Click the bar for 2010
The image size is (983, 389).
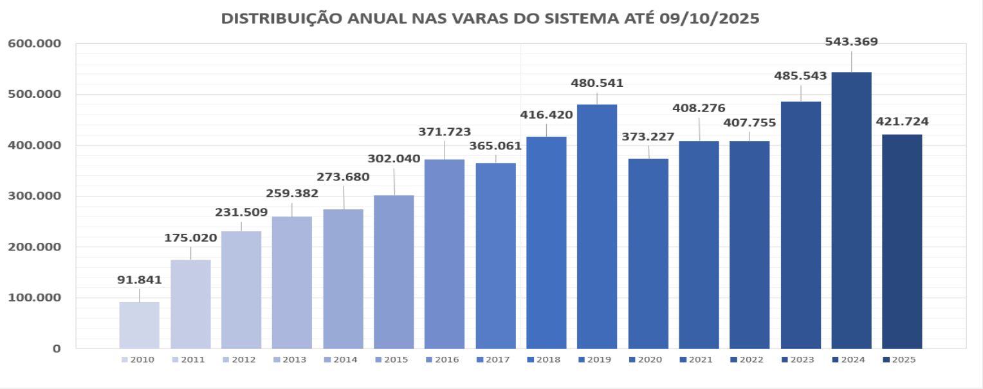point(139,325)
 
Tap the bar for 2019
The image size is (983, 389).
point(597,226)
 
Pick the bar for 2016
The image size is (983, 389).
point(445,254)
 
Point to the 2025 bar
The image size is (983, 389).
point(902,242)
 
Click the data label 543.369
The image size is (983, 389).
point(851,42)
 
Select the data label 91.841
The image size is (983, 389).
point(139,280)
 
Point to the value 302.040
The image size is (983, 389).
point(394,158)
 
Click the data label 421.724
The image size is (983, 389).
point(902,121)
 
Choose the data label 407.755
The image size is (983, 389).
point(749,122)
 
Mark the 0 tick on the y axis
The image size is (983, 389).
point(56,348)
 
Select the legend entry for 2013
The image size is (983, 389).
point(291,360)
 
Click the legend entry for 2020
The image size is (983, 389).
point(647,360)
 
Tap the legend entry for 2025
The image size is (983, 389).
point(899,360)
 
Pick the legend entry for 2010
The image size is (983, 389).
point(139,360)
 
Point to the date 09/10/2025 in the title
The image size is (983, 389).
point(710,19)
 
